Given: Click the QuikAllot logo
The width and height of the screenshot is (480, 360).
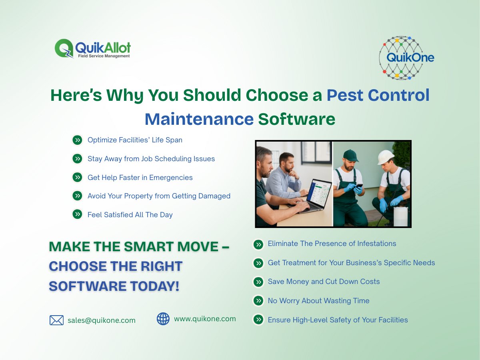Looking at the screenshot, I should click(x=93, y=49).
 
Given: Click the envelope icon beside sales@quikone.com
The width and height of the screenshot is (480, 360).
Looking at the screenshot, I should click(x=56, y=320).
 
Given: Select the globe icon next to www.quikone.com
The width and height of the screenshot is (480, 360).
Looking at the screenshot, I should click(x=163, y=319).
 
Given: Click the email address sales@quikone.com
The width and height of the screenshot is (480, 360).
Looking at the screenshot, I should click(x=101, y=320).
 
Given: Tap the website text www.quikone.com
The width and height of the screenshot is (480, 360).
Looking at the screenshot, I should click(x=205, y=319).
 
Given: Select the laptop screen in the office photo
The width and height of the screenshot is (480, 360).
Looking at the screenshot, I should click(x=321, y=193).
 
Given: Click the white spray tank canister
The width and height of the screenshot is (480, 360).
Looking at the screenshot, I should click(x=400, y=216).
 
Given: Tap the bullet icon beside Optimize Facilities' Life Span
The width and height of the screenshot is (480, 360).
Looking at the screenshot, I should click(x=77, y=140).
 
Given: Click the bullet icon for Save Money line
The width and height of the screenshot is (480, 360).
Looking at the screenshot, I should click(x=258, y=282).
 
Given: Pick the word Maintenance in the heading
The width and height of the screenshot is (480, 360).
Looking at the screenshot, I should click(x=199, y=119).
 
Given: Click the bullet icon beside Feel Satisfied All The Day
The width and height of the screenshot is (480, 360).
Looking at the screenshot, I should click(x=77, y=214).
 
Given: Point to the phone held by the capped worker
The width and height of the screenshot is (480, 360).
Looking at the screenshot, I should click(x=359, y=186).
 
